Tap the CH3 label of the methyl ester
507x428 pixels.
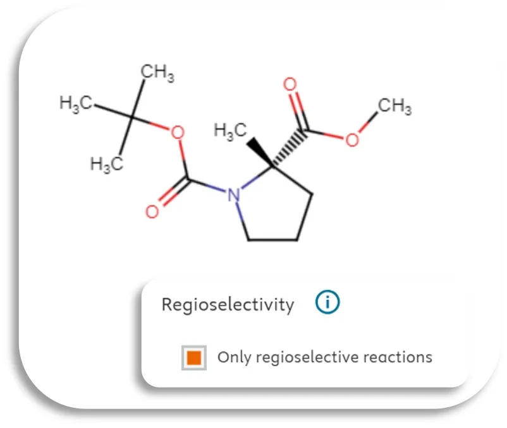click(395, 106)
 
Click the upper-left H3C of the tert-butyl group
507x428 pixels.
click(76, 103)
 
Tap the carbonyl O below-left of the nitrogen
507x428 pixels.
click(152, 211)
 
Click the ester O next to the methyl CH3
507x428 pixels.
click(351, 140)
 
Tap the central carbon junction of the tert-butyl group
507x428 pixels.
click(132, 117)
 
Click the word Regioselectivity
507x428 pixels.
click(228, 305)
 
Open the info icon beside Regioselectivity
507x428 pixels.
click(327, 304)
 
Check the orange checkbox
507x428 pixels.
click(194, 357)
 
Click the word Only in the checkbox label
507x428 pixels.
click(231, 357)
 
